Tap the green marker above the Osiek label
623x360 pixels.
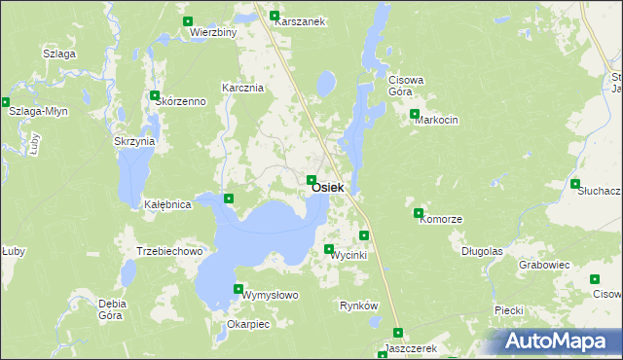pyautogui.click(x=311, y=180)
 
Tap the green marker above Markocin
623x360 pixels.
pyautogui.click(x=416, y=115)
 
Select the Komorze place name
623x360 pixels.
pyautogui.click(x=439, y=220)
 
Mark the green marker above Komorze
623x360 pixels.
pyautogui.click(x=419, y=213)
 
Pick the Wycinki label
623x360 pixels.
pyautogui.click(x=348, y=255)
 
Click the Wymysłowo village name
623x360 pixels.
pyautogui.click(x=270, y=294)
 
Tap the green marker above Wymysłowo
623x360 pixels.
pyautogui.click(x=238, y=288)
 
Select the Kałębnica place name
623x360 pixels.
pyautogui.click(x=166, y=205)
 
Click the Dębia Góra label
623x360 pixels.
pyautogui.click(x=113, y=309)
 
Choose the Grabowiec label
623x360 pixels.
pyautogui.click(x=544, y=264)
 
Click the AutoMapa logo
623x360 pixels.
pyautogui.click(x=560, y=342)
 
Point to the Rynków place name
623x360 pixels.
pyautogui.click(x=358, y=306)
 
